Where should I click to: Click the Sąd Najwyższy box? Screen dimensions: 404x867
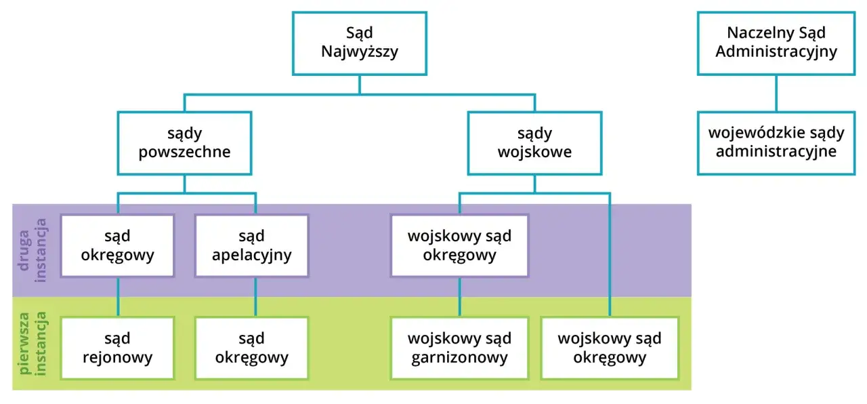(359, 43)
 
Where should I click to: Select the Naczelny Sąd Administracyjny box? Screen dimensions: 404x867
(776, 43)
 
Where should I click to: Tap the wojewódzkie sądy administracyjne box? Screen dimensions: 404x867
(776, 143)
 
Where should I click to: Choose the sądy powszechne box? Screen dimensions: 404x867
(184, 143)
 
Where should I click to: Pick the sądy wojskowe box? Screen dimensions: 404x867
(534, 143)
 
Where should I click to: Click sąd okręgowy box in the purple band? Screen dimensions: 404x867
(117, 246)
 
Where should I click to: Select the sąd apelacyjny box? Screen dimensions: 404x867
(251, 246)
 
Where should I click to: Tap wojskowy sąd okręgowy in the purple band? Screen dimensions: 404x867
(459, 246)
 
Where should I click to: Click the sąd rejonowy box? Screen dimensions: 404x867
(117, 348)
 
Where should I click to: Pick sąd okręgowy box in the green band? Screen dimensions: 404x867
(251, 348)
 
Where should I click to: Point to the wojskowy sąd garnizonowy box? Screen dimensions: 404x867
(459, 348)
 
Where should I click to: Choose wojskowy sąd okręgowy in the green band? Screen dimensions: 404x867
(609, 348)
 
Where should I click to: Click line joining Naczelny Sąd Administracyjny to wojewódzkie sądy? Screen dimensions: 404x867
(776, 93)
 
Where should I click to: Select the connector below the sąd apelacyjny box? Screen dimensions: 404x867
(255, 297)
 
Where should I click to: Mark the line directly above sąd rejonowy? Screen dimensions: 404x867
(120, 297)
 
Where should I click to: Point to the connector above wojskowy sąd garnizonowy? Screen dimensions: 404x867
(460, 297)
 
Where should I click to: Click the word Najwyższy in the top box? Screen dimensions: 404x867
(359, 52)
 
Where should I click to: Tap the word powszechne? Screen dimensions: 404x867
(184, 152)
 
